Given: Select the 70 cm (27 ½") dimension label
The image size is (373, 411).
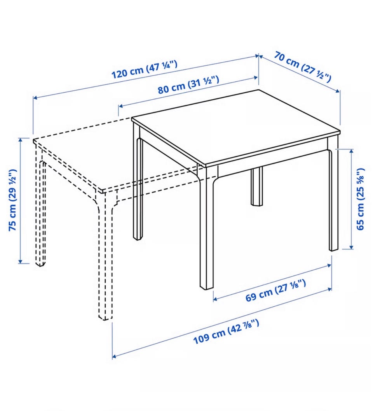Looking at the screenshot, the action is tap(303, 67).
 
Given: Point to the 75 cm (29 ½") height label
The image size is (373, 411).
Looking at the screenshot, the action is tap(13, 200).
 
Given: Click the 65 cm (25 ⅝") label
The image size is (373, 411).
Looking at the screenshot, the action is tap(360, 199).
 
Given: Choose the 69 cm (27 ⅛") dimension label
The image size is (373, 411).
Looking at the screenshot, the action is tap(275, 290).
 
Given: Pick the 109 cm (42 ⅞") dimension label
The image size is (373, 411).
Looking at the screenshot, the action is tap(226, 331).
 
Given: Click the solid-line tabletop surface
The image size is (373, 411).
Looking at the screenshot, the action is tap(235, 128).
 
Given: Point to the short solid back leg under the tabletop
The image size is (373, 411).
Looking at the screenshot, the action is tap(257, 187).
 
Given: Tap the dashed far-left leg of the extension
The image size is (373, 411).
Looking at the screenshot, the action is tap(40, 204).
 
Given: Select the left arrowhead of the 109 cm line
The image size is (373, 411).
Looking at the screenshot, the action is tap(115, 357).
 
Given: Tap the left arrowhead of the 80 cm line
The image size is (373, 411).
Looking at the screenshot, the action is tap(121, 106).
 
